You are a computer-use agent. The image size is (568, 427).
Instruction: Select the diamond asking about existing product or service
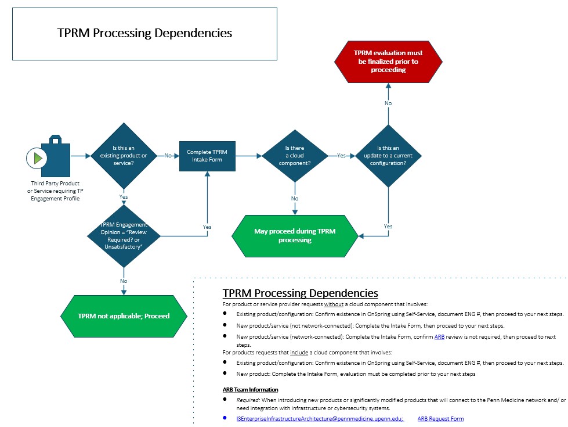(x=123, y=156)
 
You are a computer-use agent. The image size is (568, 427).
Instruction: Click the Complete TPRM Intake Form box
(x=207, y=156)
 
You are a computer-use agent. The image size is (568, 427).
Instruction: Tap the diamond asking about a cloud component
(x=295, y=156)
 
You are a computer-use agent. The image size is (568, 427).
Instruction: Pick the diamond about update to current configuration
(x=388, y=156)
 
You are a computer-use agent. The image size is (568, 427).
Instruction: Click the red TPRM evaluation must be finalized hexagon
(x=388, y=62)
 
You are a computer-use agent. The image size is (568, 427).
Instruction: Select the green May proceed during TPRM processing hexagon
(x=295, y=235)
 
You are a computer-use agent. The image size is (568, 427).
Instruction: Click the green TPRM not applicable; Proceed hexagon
(x=124, y=316)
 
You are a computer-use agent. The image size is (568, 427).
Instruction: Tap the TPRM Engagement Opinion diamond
(x=124, y=235)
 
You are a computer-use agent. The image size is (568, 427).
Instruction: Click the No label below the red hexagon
(x=388, y=103)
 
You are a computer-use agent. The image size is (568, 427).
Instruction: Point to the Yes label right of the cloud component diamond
(x=341, y=156)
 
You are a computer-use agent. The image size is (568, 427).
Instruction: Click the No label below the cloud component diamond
(x=295, y=199)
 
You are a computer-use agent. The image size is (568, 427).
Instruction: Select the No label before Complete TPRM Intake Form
(x=168, y=156)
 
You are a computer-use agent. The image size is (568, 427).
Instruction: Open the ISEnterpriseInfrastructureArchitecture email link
(x=320, y=418)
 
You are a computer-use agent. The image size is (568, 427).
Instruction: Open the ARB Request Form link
(x=440, y=418)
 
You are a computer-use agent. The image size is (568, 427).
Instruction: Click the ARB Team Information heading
(x=250, y=389)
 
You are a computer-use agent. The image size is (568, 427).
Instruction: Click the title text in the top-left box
(x=144, y=33)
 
